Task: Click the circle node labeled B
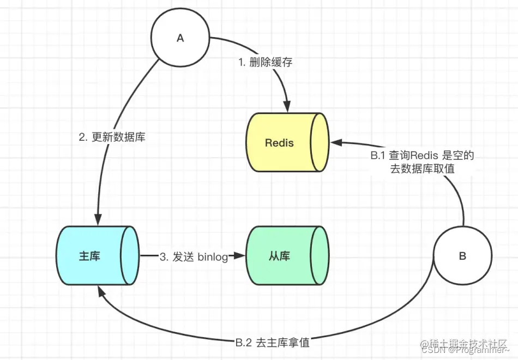[462, 256]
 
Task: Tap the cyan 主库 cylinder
[97, 255]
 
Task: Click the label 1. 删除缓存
[266, 62]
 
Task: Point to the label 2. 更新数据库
[112, 137]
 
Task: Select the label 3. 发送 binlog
[193, 256]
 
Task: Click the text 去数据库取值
[421, 169]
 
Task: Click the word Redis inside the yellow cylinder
[279, 143]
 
